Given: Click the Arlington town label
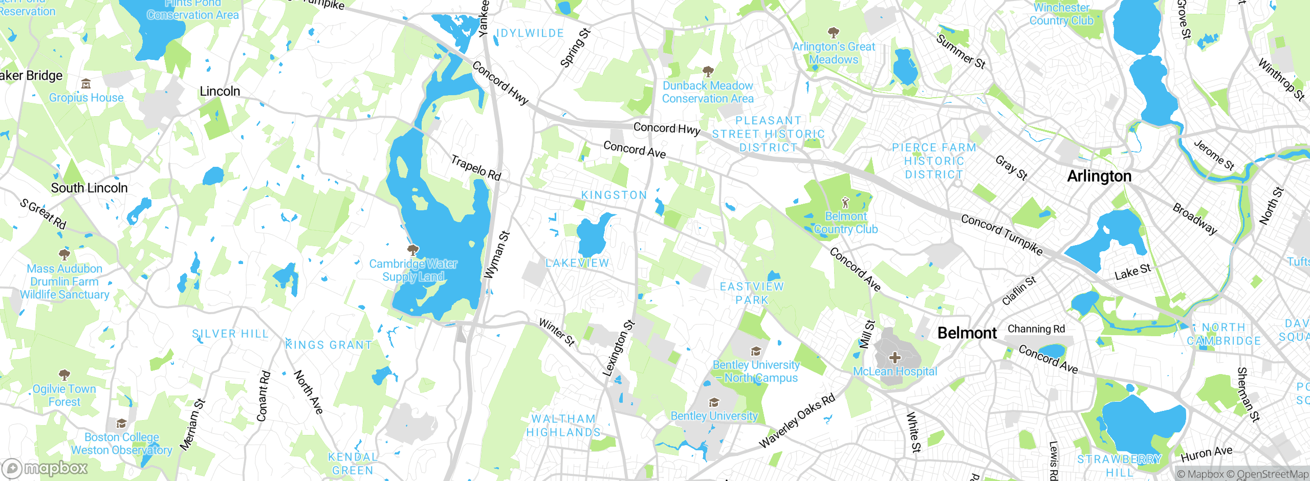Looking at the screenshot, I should [x=1099, y=176].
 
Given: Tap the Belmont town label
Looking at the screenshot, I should [x=967, y=333].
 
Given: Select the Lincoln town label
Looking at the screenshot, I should [x=220, y=91].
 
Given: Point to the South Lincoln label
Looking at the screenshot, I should [x=89, y=188].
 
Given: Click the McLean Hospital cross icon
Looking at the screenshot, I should [x=894, y=357].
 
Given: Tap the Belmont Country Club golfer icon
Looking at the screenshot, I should [x=845, y=203].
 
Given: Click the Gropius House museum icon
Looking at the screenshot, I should [x=86, y=84].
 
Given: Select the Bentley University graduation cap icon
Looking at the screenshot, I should [x=714, y=402].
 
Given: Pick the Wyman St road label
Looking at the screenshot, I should [x=497, y=254].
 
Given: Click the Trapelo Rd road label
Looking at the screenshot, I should [x=475, y=167].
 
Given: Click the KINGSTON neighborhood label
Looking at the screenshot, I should [x=614, y=195].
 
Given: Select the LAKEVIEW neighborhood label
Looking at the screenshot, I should [x=577, y=263].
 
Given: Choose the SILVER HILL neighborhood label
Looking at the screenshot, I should [x=230, y=334].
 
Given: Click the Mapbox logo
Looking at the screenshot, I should [x=45, y=468].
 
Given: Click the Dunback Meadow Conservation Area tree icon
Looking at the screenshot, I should [x=708, y=71].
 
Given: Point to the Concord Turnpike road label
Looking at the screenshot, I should [x=1001, y=234].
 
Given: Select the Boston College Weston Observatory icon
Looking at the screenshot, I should [x=121, y=423].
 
